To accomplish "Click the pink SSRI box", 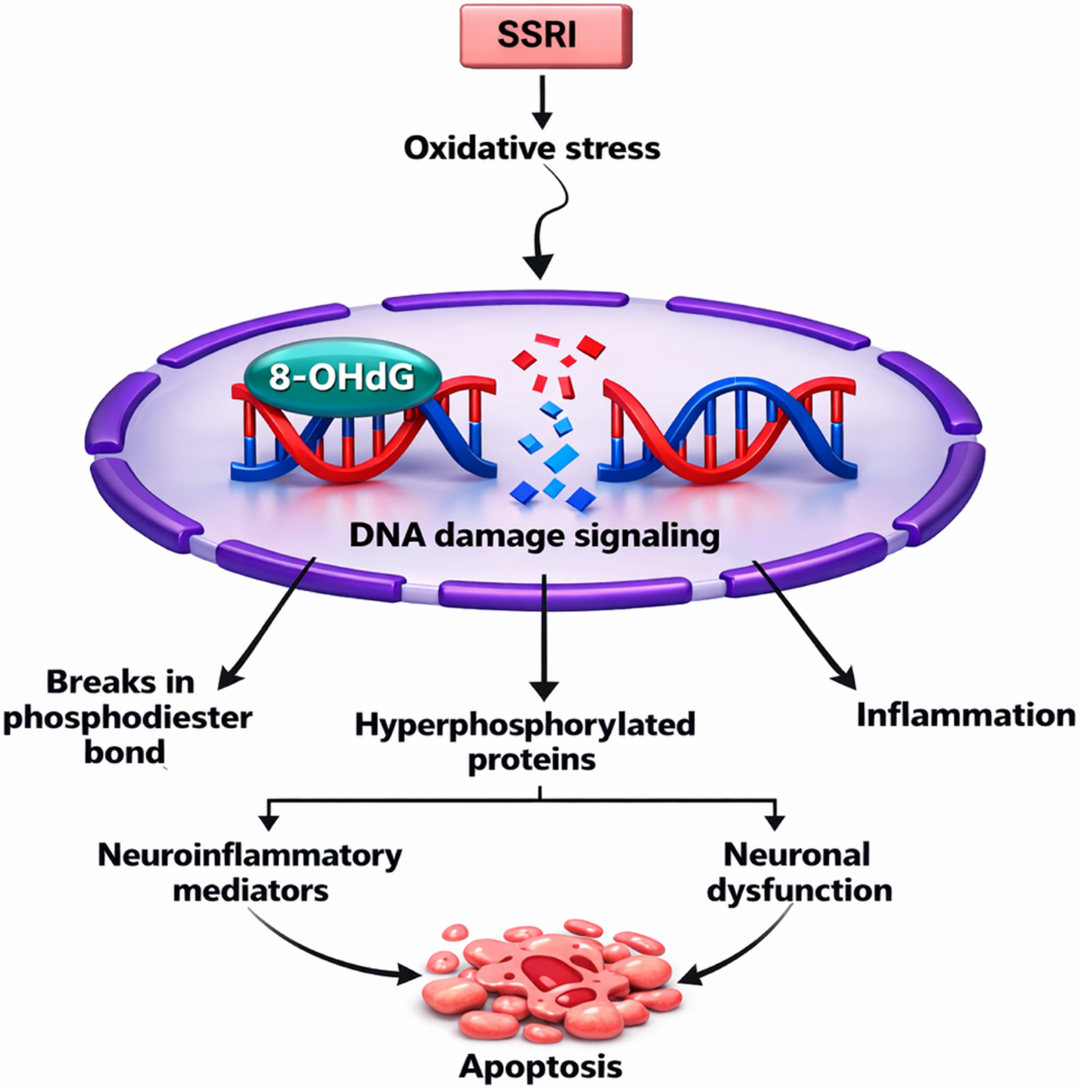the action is (545, 36).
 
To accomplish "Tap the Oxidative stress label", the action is (532, 148).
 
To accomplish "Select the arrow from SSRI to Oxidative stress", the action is (542, 103).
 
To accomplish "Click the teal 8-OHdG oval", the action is (342, 376).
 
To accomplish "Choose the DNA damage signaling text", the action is (535, 535).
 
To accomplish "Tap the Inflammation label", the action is (966, 715).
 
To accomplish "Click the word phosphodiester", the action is (128, 719).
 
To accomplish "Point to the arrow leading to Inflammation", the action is (804, 625).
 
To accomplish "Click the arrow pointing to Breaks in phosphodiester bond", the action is (266, 624).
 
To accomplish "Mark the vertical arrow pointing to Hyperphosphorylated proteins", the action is (543, 638).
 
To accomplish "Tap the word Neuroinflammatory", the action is (249, 855).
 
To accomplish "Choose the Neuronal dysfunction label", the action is (799, 872).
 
